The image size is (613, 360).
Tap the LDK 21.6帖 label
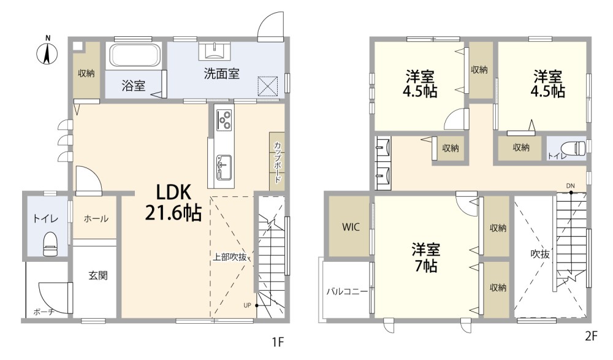(173, 203)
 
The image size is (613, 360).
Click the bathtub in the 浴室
(134, 56)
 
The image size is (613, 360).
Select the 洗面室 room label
(221, 74)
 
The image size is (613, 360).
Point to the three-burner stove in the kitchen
(224, 120)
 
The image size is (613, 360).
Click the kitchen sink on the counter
(224, 167)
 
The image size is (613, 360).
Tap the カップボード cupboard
(277, 162)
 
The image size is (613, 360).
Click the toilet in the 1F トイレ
(49, 244)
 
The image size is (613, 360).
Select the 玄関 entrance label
(97, 276)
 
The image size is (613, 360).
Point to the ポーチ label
(44, 312)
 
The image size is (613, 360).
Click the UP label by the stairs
(247, 305)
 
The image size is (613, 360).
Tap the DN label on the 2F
(570, 186)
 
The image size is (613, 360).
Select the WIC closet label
(351, 227)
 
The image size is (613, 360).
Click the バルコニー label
(347, 291)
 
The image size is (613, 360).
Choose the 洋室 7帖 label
(425, 258)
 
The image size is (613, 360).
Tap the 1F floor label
(277, 342)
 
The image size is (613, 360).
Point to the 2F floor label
(592, 335)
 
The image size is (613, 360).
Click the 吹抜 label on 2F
(540, 255)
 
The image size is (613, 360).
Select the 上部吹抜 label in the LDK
(229, 257)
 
